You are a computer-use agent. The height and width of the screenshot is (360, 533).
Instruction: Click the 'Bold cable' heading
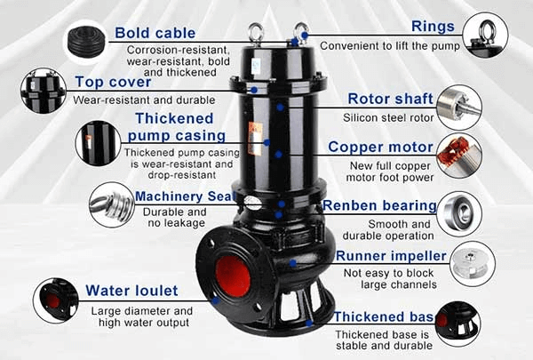155,33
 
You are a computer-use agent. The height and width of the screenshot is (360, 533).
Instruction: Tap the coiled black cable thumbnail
85,42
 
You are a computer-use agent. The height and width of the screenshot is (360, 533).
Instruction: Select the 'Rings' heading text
433,27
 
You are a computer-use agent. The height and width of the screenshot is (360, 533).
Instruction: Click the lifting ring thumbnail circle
485,35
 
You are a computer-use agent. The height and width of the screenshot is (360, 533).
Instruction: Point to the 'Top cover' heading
113,82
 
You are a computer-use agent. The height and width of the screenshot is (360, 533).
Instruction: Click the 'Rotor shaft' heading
391,99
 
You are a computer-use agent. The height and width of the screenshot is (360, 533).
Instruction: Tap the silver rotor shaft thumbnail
459,108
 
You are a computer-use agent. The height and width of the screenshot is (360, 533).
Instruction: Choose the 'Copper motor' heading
380,147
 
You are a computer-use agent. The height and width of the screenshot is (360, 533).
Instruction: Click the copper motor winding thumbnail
459,156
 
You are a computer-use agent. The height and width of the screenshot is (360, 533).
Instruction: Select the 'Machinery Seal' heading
186,196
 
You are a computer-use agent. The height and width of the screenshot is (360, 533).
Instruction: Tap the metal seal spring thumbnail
112,204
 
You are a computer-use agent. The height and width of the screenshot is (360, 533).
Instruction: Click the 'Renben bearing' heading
379,205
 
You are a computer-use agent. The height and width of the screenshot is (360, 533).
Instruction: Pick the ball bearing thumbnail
459,214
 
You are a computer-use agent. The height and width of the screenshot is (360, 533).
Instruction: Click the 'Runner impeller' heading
391,256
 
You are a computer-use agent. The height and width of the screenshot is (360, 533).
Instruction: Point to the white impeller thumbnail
473,264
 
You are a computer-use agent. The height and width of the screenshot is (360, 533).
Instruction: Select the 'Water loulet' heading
131,291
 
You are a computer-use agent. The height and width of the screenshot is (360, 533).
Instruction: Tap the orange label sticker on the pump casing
255,139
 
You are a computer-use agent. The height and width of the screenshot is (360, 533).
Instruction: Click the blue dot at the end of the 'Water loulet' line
215,300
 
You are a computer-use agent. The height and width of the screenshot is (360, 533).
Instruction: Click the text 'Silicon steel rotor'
388,117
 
